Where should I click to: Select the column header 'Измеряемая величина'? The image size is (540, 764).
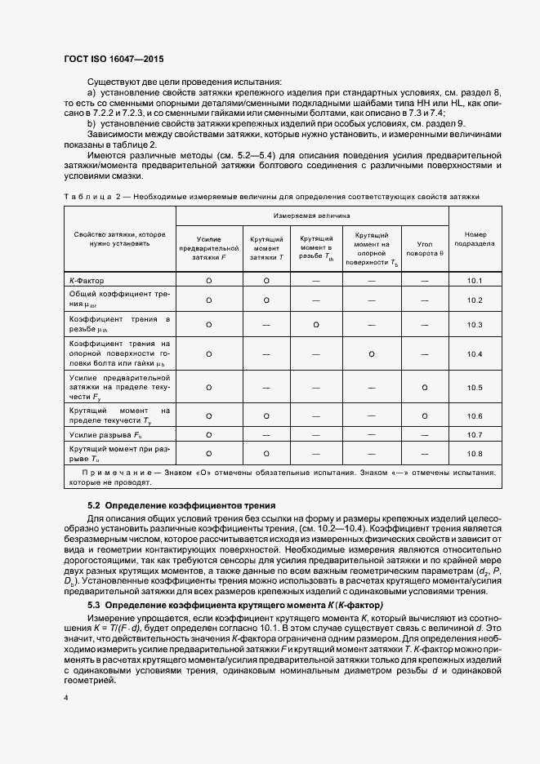pos(312,216)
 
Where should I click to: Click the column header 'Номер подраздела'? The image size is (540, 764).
pos(474,238)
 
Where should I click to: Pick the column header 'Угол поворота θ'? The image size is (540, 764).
pos(425,248)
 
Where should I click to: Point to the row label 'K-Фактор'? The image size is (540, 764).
pos(87,281)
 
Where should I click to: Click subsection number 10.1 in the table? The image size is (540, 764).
pos(474,281)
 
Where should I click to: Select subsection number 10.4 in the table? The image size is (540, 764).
pos(474,354)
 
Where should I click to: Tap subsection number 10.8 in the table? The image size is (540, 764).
pos(474,453)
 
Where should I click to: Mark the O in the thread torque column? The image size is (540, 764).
pos(315,325)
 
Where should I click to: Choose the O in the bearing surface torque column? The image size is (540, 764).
pos(372,354)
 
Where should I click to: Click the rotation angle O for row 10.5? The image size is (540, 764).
pos(425,386)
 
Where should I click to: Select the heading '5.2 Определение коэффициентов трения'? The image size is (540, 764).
pos(181,506)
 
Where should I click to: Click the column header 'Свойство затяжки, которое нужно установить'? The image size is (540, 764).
pos(119,238)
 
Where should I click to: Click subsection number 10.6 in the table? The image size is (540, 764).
pos(474,415)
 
